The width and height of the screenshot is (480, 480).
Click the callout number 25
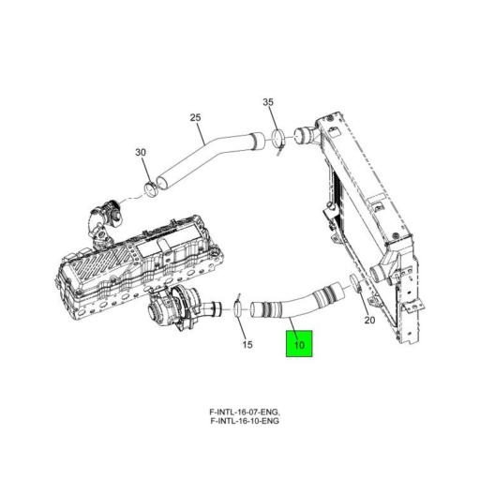pos(196,117)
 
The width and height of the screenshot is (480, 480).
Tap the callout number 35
pos(267,101)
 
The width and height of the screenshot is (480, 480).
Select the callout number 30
pos(141,152)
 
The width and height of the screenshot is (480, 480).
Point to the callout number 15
pos(247,345)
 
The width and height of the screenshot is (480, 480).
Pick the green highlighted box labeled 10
pos(299,346)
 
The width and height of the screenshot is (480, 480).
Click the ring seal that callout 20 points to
pos(351,282)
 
